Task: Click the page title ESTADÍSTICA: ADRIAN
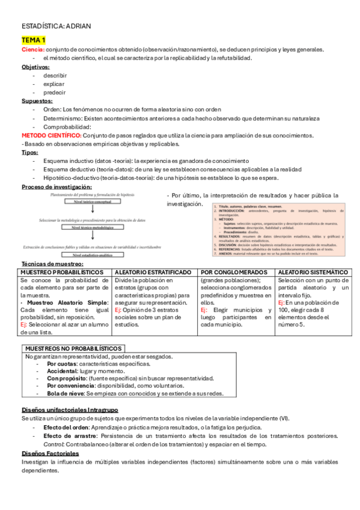(56, 26)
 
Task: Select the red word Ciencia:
(32, 49)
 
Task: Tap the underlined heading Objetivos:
(35, 67)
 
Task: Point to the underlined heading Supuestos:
(37, 101)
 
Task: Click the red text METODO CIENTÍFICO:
(51, 136)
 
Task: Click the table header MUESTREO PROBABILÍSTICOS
(58, 273)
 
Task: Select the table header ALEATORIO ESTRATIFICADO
(154, 273)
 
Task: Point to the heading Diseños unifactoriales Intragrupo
(69, 410)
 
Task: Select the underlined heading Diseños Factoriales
(50, 453)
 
